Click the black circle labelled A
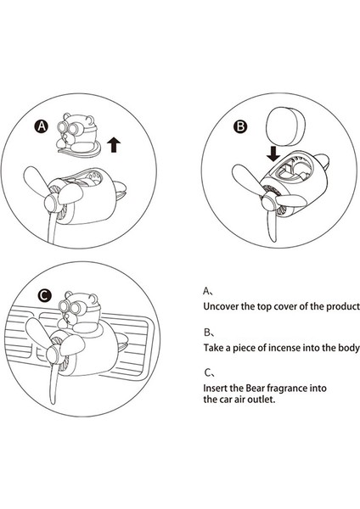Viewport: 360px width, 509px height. (x=42, y=126)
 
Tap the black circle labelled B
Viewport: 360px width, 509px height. (x=240, y=126)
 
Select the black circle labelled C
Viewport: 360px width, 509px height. (x=45, y=295)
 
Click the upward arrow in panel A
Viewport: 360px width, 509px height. (x=114, y=144)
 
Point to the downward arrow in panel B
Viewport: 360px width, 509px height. (x=273, y=154)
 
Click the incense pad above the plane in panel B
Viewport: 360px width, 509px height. (x=285, y=126)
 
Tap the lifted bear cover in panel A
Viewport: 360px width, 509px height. (x=78, y=135)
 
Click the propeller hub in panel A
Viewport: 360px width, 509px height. (x=52, y=204)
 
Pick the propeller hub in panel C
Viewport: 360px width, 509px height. (x=54, y=355)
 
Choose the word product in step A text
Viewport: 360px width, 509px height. (x=343, y=307)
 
